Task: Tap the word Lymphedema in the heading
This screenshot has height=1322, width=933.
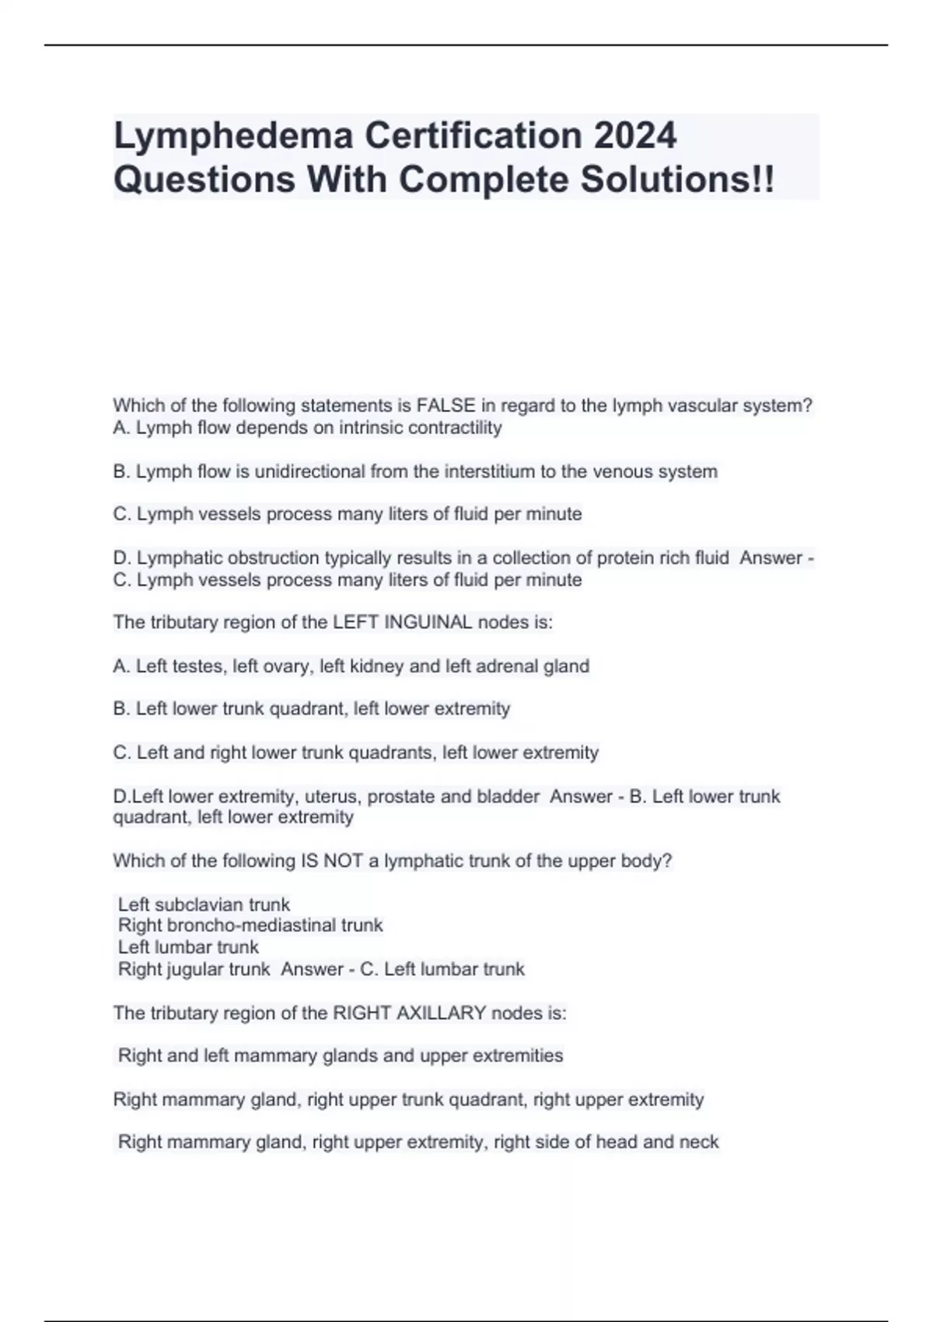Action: coord(234,136)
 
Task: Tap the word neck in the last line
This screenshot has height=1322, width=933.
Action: coord(700,1142)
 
